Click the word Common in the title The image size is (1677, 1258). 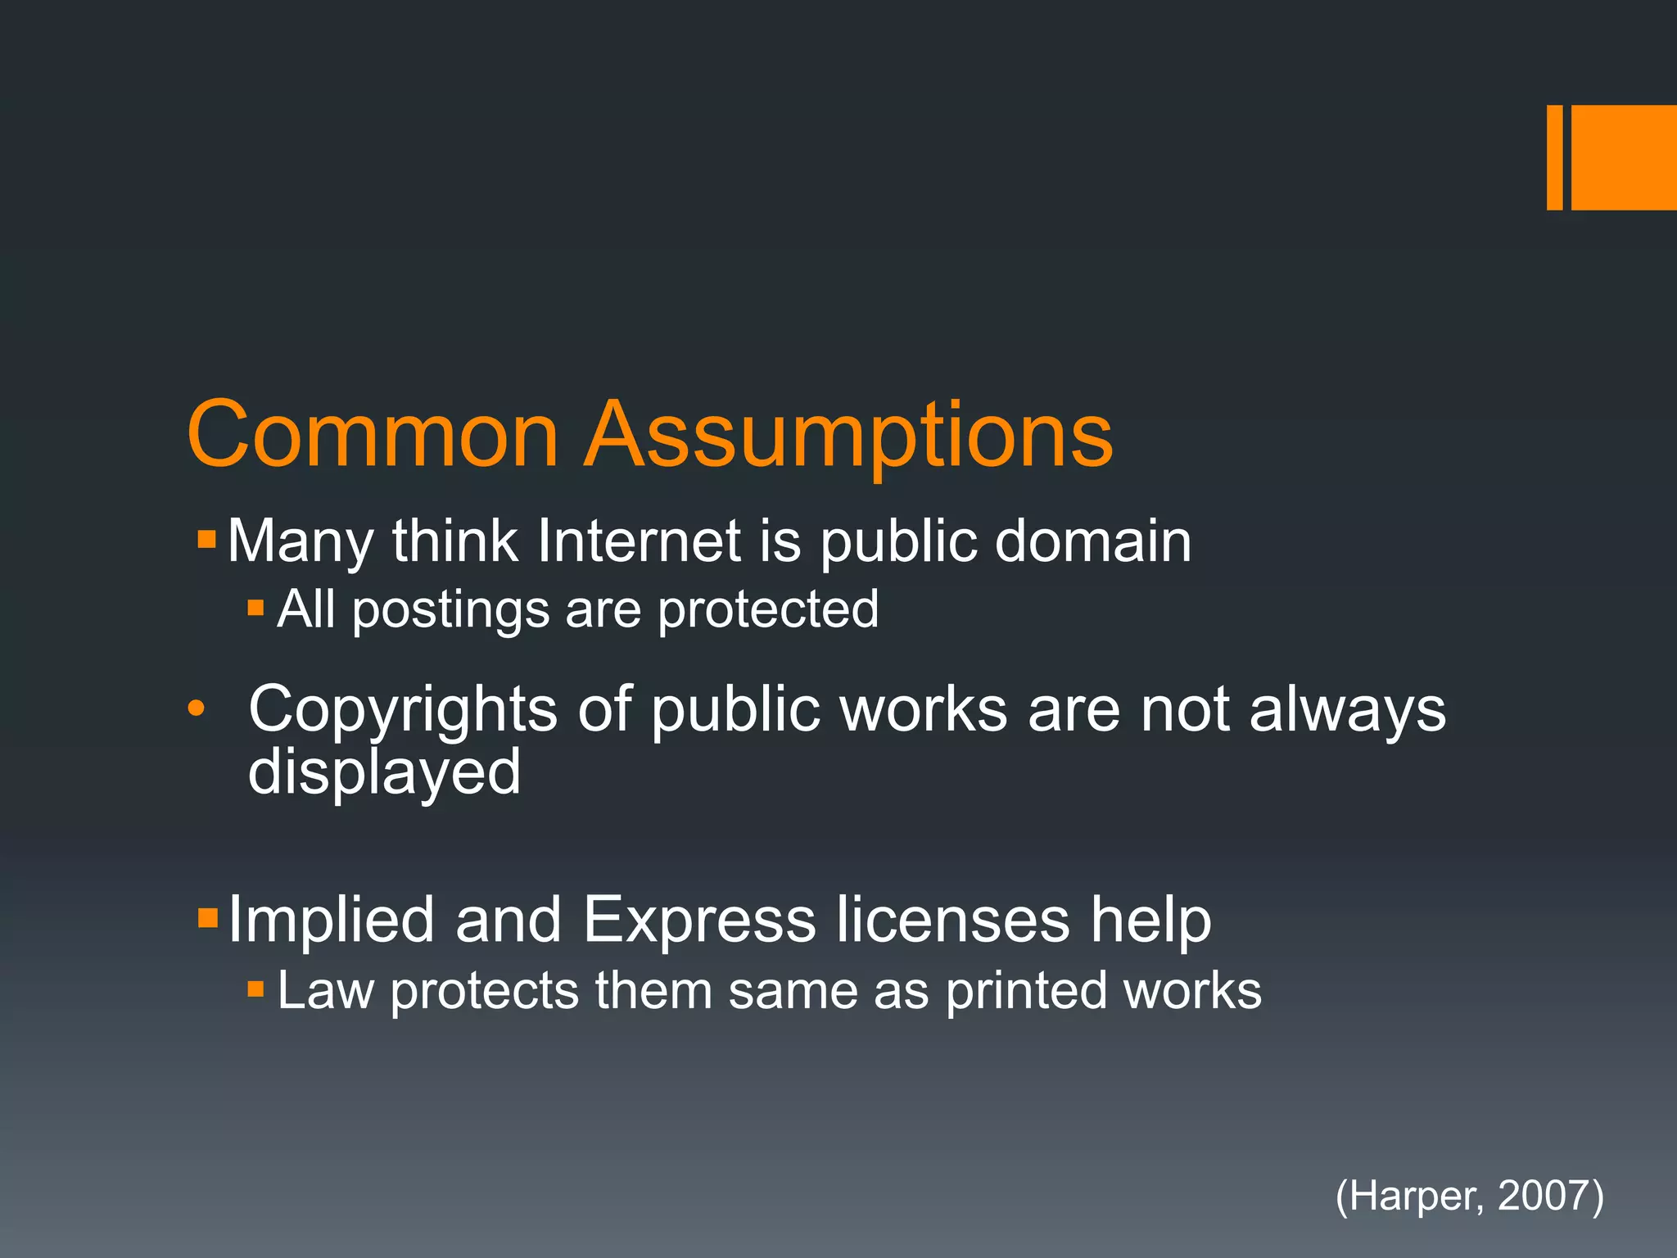pos(373,434)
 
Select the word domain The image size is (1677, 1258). pos(1092,541)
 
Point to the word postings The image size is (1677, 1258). pos(450,611)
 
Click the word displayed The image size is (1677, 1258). pos(384,773)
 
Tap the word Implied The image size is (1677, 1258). pos(331,921)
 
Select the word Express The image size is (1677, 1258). pos(699,921)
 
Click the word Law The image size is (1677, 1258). pos(325,991)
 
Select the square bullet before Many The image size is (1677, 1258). pos(206,539)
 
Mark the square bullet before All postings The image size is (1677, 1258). pos(255,608)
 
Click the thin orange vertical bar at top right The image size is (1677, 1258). pos(1554,157)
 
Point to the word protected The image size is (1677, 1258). pos(768,609)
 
